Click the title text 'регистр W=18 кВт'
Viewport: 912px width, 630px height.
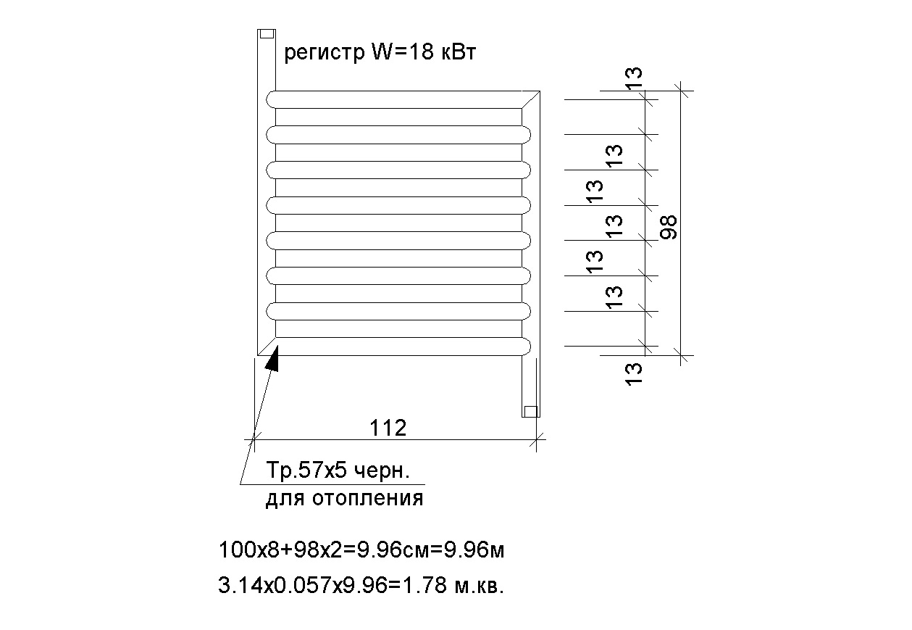click(x=380, y=53)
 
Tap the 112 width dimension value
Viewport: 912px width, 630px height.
click(x=388, y=428)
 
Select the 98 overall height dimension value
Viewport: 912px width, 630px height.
click(x=669, y=227)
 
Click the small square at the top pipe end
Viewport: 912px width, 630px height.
click(x=267, y=34)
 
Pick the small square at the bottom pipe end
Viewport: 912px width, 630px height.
click(x=530, y=412)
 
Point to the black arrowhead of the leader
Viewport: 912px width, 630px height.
click(x=273, y=359)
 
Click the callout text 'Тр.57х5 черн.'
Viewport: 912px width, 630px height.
click(x=338, y=471)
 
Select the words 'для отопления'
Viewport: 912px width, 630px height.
click(x=344, y=499)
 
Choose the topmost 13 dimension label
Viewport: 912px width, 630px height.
click(x=634, y=78)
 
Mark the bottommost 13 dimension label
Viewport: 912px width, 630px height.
click(x=634, y=374)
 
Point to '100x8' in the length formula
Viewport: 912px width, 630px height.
click(x=248, y=550)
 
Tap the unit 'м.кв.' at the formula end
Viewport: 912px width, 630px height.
click(x=479, y=587)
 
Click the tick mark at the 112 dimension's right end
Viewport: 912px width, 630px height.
click(x=537, y=440)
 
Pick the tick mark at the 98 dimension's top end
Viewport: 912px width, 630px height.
click(x=681, y=91)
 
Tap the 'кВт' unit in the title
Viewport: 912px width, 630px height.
click(x=459, y=53)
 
